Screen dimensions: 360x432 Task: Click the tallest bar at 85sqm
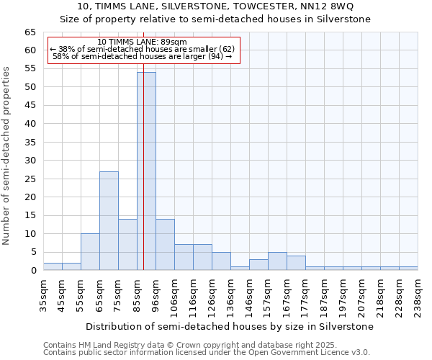pyautogui.click(x=146, y=171)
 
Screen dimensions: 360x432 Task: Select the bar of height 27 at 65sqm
pyautogui.click(x=109, y=220)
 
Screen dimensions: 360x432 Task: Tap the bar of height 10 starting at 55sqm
pyautogui.click(x=90, y=252)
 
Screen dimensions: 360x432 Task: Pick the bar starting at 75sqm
pyautogui.click(x=127, y=245)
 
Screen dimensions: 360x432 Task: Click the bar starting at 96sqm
pyautogui.click(x=165, y=245)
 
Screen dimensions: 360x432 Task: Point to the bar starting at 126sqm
pyautogui.click(x=221, y=261)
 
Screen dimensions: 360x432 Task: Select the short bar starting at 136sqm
pyautogui.click(x=240, y=269)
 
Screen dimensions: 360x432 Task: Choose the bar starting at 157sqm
pyautogui.click(x=277, y=261)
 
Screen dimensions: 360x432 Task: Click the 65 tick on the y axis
pyautogui.click(x=30, y=32)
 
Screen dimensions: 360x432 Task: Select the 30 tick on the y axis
pyautogui.click(x=30, y=161)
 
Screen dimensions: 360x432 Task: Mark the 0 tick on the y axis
pyautogui.click(x=33, y=271)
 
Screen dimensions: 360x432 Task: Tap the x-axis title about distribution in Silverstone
pyautogui.click(x=229, y=326)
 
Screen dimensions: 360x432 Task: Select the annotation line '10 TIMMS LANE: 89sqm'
pyautogui.click(x=142, y=42)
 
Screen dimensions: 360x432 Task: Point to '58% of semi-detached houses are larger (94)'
pyautogui.click(x=142, y=56)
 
